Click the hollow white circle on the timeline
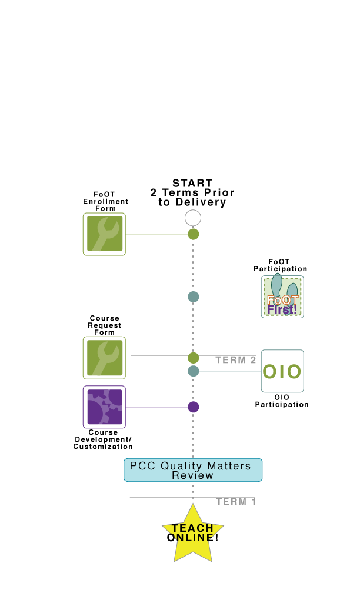click(x=193, y=218)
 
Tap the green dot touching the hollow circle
click(x=193, y=234)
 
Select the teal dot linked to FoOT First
click(x=194, y=297)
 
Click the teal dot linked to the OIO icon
click(x=194, y=371)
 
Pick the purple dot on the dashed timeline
click(x=194, y=407)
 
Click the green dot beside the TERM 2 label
click(x=194, y=358)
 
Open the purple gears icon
click(x=104, y=407)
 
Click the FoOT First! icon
click(x=282, y=297)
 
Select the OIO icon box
click(x=282, y=371)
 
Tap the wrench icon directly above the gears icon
click(x=104, y=358)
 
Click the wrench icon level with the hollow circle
click(x=104, y=234)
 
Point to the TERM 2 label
click(x=236, y=360)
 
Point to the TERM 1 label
click(x=236, y=502)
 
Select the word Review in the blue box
click(x=193, y=475)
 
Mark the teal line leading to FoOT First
click(x=230, y=297)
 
